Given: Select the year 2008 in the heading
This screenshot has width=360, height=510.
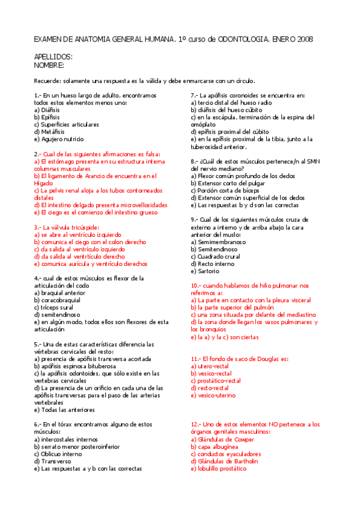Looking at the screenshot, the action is point(304,40).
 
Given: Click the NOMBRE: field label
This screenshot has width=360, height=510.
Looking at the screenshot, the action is point(49,65).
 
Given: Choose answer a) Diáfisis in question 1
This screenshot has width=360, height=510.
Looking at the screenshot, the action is point(48,111).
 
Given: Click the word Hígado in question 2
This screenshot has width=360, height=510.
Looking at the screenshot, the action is point(44,183).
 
